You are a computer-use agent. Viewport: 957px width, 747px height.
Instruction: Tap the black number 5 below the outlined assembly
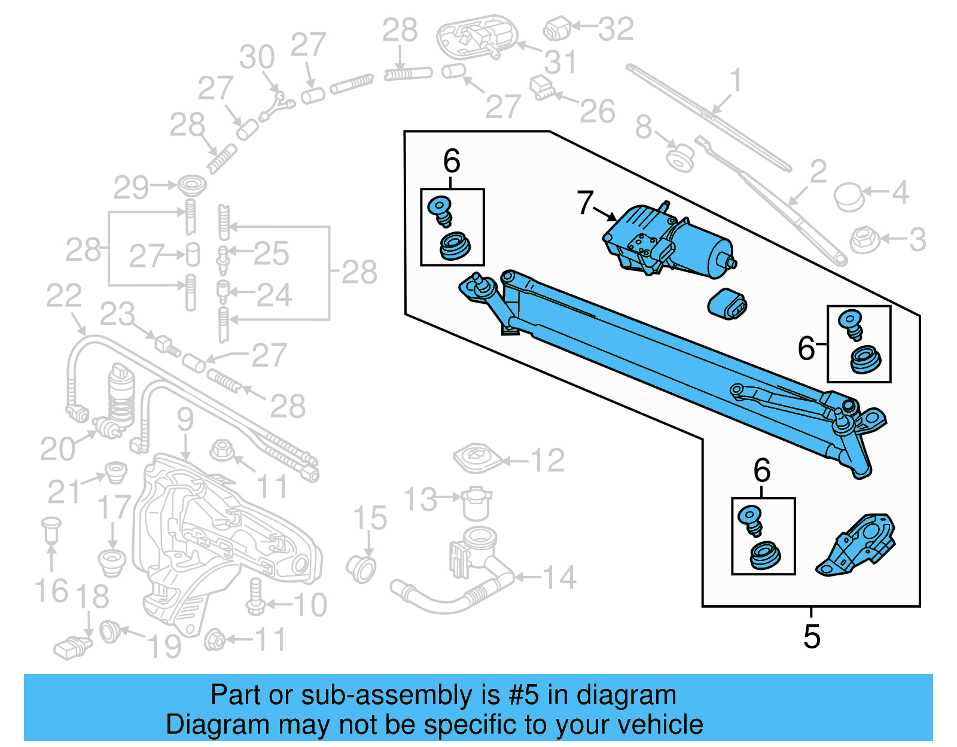[811, 636]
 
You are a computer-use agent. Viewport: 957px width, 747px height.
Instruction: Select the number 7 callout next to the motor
[585, 203]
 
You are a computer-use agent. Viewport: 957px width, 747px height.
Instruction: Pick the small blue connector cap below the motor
[727, 304]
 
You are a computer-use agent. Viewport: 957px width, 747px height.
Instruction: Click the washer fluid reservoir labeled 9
[221, 538]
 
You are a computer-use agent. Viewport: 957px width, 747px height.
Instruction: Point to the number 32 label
[615, 29]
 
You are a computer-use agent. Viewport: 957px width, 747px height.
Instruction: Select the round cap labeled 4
[848, 197]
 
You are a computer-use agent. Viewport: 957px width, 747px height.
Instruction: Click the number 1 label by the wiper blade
[735, 81]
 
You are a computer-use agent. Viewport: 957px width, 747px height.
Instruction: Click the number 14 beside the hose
[559, 578]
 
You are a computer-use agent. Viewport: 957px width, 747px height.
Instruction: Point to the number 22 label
[64, 297]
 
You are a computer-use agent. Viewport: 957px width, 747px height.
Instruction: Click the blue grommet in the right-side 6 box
[864, 359]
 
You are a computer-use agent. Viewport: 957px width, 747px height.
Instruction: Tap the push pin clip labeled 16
[51, 529]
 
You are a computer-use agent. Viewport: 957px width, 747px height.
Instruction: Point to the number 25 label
[271, 254]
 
